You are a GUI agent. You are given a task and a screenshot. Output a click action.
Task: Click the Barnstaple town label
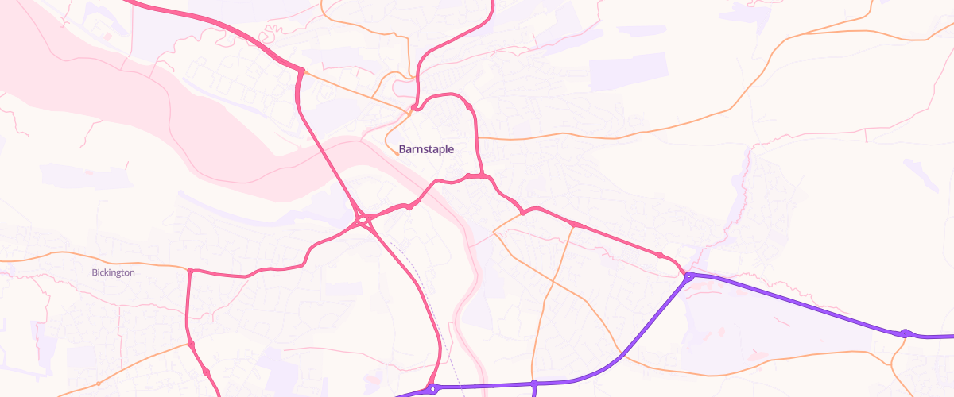[x=426, y=149]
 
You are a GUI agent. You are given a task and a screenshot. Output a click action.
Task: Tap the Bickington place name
[x=114, y=272]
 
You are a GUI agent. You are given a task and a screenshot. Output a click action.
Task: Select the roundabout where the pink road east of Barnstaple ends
[x=689, y=276]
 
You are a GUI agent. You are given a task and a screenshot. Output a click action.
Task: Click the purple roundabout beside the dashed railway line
[x=432, y=389]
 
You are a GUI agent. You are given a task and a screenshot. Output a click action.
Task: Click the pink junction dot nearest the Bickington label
[x=190, y=271]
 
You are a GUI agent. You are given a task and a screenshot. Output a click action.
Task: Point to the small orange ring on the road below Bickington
[x=99, y=384]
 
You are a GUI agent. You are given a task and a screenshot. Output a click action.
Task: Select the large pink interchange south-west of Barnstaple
[x=364, y=220]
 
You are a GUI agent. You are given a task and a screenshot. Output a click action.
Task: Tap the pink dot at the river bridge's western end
[x=409, y=206]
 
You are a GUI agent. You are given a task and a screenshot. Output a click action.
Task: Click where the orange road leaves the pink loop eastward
[x=477, y=137]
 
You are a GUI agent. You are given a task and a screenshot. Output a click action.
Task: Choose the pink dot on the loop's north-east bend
[x=470, y=107]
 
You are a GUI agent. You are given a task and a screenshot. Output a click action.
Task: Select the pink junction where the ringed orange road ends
[x=192, y=344]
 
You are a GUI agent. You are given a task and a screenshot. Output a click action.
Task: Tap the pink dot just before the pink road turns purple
[x=660, y=255]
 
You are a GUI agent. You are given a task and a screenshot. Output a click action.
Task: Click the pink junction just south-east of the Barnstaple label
[x=483, y=175]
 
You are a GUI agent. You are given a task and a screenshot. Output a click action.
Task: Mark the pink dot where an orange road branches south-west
[x=522, y=213]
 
